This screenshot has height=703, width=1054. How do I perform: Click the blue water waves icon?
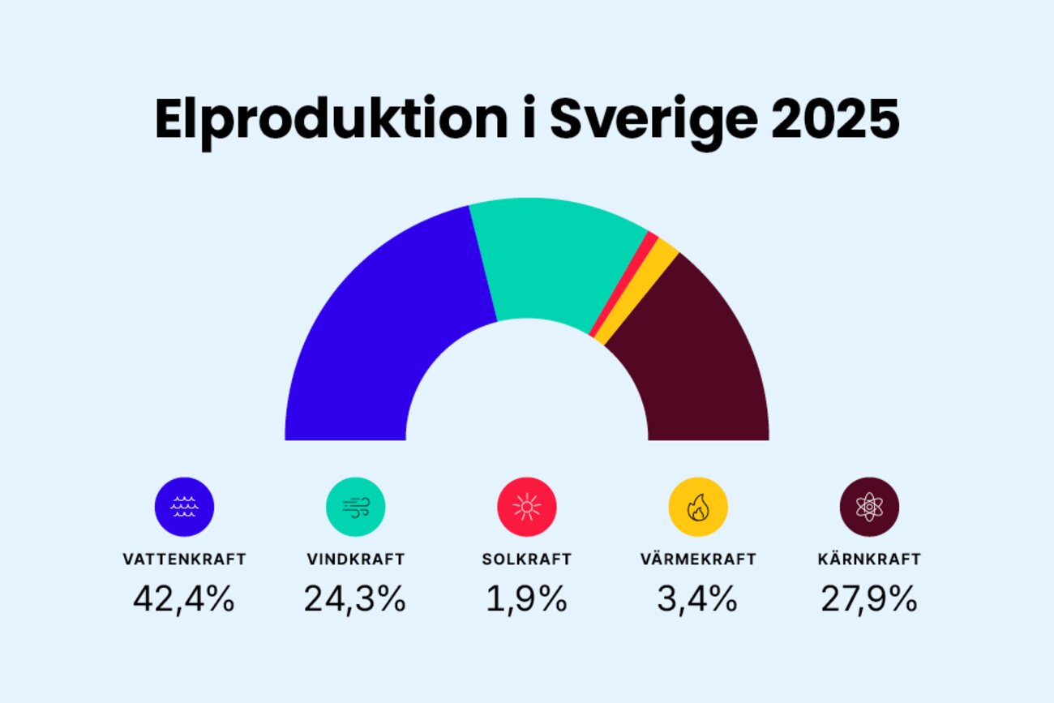[x=184, y=507]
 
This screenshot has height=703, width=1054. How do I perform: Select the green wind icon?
[x=355, y=507]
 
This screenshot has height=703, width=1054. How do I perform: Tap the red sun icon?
[x=526, y=507]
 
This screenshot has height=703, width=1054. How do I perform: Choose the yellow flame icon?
[x=697, y=507]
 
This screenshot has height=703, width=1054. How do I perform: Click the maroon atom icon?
[x=869, y=507]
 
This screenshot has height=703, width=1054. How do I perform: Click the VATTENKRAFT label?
[x=184, y=559]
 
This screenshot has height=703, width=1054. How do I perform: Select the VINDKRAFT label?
[x=355, y=559]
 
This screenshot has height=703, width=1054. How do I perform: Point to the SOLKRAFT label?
[x=526, y=559]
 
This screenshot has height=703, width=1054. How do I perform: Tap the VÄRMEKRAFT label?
[x=697, y=559]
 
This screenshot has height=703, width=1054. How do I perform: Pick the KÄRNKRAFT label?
[x=869, y=559]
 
